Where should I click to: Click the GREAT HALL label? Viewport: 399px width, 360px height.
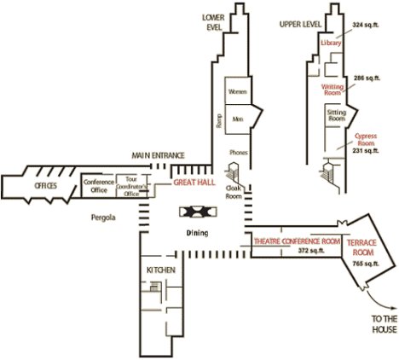tap(194, 183)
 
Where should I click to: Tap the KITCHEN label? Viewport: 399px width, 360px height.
tap(161, 270)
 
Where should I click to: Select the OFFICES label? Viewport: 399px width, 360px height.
tap(46, 186)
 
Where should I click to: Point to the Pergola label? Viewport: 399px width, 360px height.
tap(103, 218)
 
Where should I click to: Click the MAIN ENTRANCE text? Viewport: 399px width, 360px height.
tap(158, 155)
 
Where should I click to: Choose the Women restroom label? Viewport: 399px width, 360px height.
tap(238, 92)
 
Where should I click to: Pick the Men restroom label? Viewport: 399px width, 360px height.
tap(238, 119)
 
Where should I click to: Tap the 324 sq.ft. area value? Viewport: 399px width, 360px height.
tap(366, 25)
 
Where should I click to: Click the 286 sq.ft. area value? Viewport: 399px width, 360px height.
tap(367, 78)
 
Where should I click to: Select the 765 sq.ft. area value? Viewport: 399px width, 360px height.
tap(366, 264)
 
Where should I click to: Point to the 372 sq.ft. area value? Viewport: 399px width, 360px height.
tap(311, 251)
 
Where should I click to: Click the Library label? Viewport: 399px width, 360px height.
tap(331, 43)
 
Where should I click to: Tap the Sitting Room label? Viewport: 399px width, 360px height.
tap(337, 115)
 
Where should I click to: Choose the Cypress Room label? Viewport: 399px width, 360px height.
tap(366, 140)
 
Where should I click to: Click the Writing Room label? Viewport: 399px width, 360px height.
tap(332, 90)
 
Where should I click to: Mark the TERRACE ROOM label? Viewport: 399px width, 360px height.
tap(361, 247)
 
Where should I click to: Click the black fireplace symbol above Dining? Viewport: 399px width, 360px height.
tap(198, 212)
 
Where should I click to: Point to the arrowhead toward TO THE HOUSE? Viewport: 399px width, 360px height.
tap(394, 308)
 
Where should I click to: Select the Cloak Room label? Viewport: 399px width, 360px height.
tap(234, 192)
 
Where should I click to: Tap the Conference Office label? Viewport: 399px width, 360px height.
tap(99, 186)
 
